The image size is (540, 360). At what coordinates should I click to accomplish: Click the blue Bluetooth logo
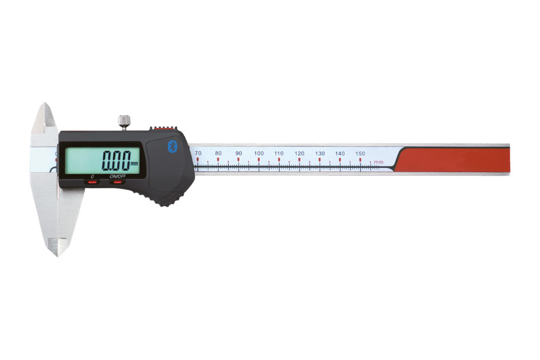pos(172,146)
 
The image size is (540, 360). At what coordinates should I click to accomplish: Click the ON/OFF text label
pos(118,176)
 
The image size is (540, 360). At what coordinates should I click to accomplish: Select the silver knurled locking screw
pos(124,122)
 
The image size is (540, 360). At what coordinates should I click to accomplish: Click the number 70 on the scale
pos(198,153)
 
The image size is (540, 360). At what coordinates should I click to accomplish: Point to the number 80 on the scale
pos(218,153)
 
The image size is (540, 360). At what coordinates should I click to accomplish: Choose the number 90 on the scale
pos(239,153)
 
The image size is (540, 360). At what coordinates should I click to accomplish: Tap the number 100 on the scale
pos(259,153)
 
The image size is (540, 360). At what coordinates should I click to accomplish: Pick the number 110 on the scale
pos(279,153)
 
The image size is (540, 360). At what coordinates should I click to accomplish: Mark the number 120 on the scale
pos(299,153)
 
